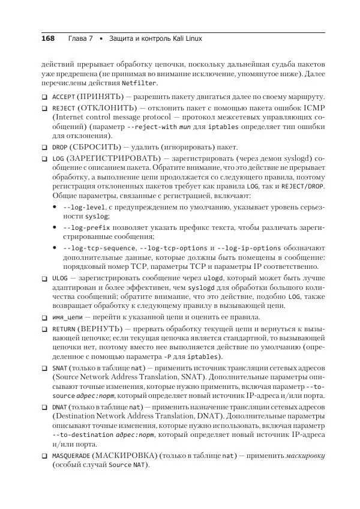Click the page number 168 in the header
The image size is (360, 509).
47,38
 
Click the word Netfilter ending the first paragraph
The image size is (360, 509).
139,82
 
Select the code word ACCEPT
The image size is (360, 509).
64,97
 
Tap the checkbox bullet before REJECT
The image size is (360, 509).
44,108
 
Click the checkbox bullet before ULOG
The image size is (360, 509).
44,279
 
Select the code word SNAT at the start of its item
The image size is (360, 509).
59,368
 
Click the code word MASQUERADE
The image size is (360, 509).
71,456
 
